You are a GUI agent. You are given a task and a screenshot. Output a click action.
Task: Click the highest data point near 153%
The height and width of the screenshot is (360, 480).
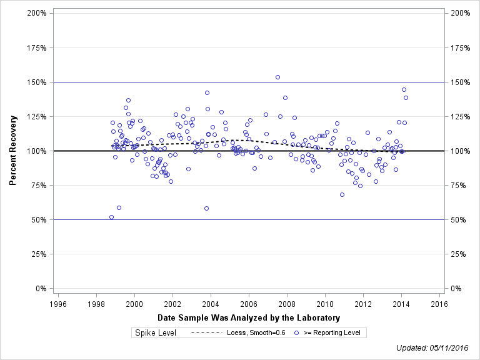[x=277, y=77]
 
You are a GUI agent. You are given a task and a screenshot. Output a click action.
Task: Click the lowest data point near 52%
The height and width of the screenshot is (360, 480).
[x=111, y=217]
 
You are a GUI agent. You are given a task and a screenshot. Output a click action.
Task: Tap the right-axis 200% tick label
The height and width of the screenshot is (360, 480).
[x=460, y=13]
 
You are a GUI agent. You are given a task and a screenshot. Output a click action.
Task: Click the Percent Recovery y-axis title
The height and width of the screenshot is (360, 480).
[x=13, y=151]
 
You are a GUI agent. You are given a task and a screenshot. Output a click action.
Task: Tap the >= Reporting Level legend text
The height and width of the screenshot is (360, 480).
[x=332, y=332]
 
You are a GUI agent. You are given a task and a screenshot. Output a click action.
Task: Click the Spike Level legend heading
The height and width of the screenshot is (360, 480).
[x=156, y=332]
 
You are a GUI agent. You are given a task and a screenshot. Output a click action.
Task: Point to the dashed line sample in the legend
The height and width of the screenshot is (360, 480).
[x=206, y=332]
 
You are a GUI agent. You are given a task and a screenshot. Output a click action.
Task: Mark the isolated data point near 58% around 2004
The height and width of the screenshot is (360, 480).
[x=206, y=209]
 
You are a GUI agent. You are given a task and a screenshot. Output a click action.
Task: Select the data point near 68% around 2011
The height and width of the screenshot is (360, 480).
[x=342, y=194]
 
